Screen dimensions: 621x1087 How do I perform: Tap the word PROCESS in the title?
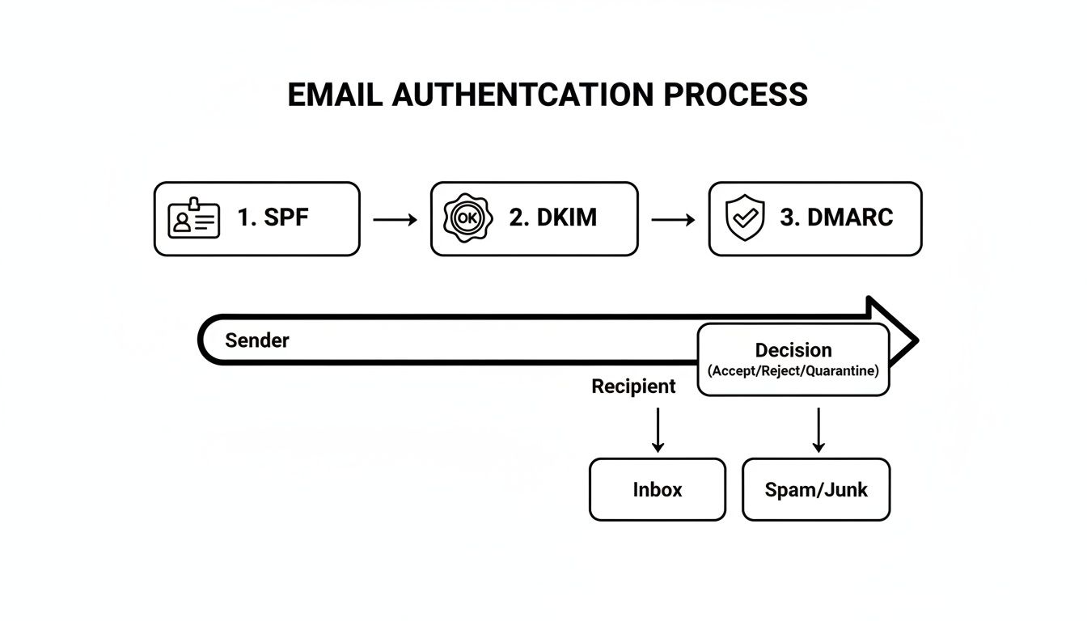735,95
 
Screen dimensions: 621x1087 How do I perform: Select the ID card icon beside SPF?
193,218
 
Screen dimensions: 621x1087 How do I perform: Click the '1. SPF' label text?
273,218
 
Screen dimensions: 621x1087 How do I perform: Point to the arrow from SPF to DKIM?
395,219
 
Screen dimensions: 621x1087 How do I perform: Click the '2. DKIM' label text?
553,218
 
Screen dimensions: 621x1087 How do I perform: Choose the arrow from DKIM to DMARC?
673,219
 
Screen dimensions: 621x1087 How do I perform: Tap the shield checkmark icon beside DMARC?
745,219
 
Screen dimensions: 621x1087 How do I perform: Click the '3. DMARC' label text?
836,218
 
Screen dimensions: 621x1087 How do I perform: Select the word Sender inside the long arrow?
256,340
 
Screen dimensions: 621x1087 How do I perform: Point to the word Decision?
793,350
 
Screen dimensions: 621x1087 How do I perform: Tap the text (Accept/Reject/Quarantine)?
793,371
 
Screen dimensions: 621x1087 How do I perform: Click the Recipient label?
633,387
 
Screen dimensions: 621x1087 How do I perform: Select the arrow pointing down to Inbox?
658,429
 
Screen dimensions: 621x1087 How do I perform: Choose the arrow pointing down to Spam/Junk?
818,429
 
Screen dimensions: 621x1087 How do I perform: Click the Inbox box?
657,489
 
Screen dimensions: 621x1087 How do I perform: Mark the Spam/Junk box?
815,489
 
